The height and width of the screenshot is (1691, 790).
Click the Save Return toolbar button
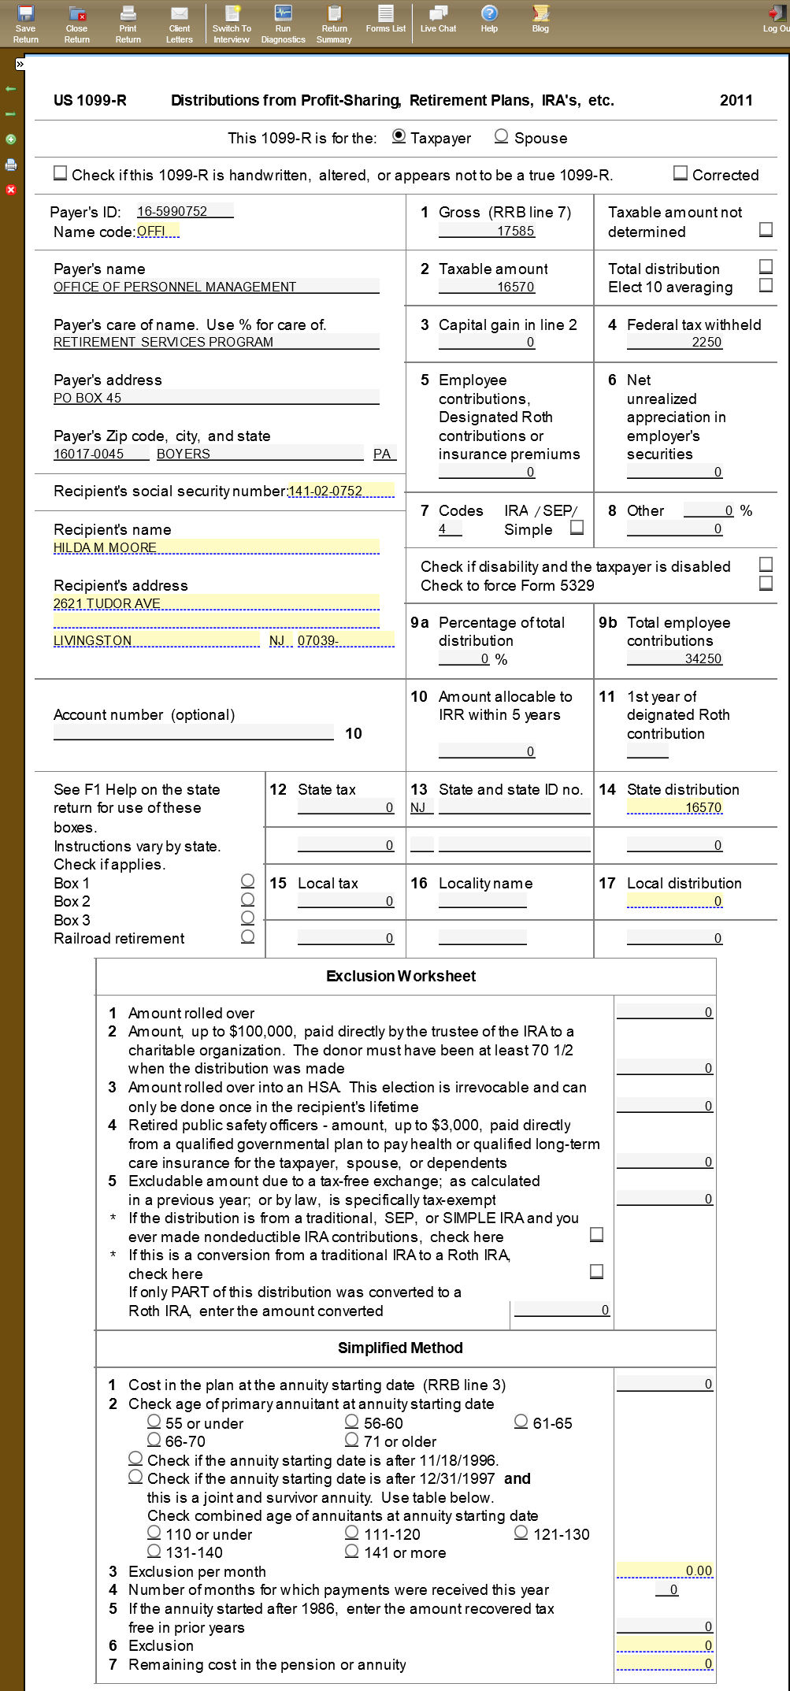(x=25, y=24)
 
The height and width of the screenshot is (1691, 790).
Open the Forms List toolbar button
(x=385, y=19)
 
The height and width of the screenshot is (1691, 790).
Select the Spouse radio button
(x=501, y=136)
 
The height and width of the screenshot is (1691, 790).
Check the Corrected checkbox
(x=681, y=173)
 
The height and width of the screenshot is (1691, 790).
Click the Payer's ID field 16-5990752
(x=184, y=211)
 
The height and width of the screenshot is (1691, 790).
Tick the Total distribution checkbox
(x=766, y=267)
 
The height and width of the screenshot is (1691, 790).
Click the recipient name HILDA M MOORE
(x=216, y=547)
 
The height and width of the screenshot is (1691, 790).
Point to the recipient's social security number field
(x=340, y=491)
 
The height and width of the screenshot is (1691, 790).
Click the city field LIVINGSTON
(x=156, y=640)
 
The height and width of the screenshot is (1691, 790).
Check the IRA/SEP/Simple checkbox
(x=577, y=528)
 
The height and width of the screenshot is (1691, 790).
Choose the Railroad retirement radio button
(x=247, y=936)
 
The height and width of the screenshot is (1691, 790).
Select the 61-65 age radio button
(x=521, y=1422)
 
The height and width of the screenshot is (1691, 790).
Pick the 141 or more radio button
(x=352, y=1551)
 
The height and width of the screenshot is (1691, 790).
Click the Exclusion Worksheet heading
(x=401, y=976)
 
